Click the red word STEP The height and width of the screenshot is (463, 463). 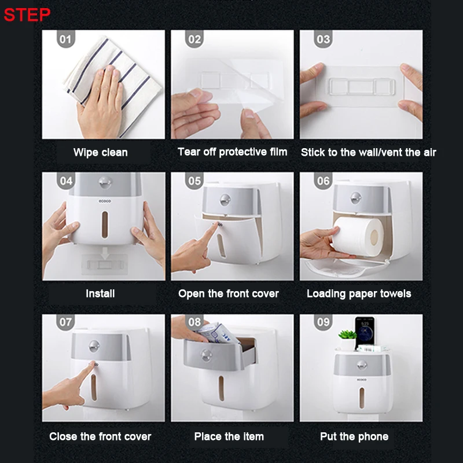click(27, 14)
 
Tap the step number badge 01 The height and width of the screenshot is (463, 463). click(65, 39)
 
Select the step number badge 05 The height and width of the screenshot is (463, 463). click(194, 181)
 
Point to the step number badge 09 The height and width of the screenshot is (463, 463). click(323, 322)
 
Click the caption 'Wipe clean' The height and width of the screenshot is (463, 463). click(100, 152)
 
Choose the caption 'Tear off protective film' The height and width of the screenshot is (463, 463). click(233, 152)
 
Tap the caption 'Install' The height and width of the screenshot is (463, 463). click(100, 293)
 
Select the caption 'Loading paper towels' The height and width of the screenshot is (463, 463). click(359, 294)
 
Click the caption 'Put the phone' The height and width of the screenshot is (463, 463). click(354, 436)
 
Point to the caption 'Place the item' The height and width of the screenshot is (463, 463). click(229, 436)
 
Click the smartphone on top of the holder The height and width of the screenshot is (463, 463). click(365, 332)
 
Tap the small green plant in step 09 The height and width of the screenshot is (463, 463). click(347, 335)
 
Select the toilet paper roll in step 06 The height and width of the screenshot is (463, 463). click(358, 237)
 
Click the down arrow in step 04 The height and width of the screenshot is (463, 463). click(105, 253)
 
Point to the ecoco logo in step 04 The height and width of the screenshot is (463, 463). click(105, 201)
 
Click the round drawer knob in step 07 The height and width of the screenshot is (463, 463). click(94, 346)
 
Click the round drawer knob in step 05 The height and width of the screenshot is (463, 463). click(225, 200)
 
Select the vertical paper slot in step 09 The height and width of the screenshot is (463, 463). click(362, 398)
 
